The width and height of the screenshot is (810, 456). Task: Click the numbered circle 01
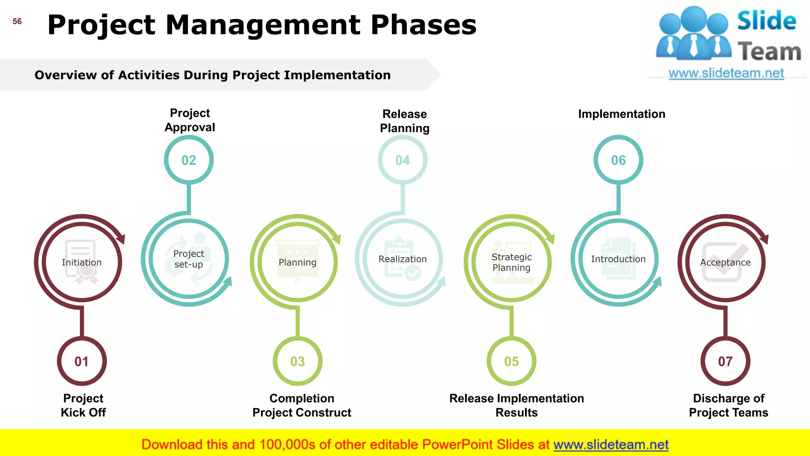click(x=82, y=361)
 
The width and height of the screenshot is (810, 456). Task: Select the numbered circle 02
click(x=189, y=160)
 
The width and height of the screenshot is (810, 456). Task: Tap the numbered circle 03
click(x=297, y=361)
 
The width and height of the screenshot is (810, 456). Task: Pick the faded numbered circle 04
click(x=403, y=160)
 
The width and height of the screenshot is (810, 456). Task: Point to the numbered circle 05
click(x=511, y=361)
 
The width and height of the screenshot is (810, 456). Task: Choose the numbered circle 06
click(x=618, y=160)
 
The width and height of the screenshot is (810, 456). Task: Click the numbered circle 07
click(x=725, y=361)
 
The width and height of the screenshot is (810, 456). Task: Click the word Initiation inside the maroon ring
click(x=81, y=262)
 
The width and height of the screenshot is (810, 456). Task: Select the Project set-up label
click(x=189, y=259)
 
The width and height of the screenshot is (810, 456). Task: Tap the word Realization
click(x=403, y=259)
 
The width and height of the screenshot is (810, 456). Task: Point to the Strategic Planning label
click(x=511, y=262)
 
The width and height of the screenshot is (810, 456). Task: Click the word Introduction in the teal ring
click(x=618, y=259)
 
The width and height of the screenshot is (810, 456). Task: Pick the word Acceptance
click(x=725, y=262)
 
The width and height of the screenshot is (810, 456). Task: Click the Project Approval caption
click(x=190, y=120)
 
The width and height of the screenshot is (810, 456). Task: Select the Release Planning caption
click(x=405, y=121)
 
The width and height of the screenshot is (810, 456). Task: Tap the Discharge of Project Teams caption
click(x=729, y=405)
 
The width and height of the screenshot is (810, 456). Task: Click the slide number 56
click(x=17, y=21)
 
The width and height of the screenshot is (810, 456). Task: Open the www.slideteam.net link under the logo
click(x=726, y=73)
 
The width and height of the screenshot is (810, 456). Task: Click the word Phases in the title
click(x=424, y=25)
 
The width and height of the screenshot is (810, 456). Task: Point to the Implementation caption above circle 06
click(x=622, y=114)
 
